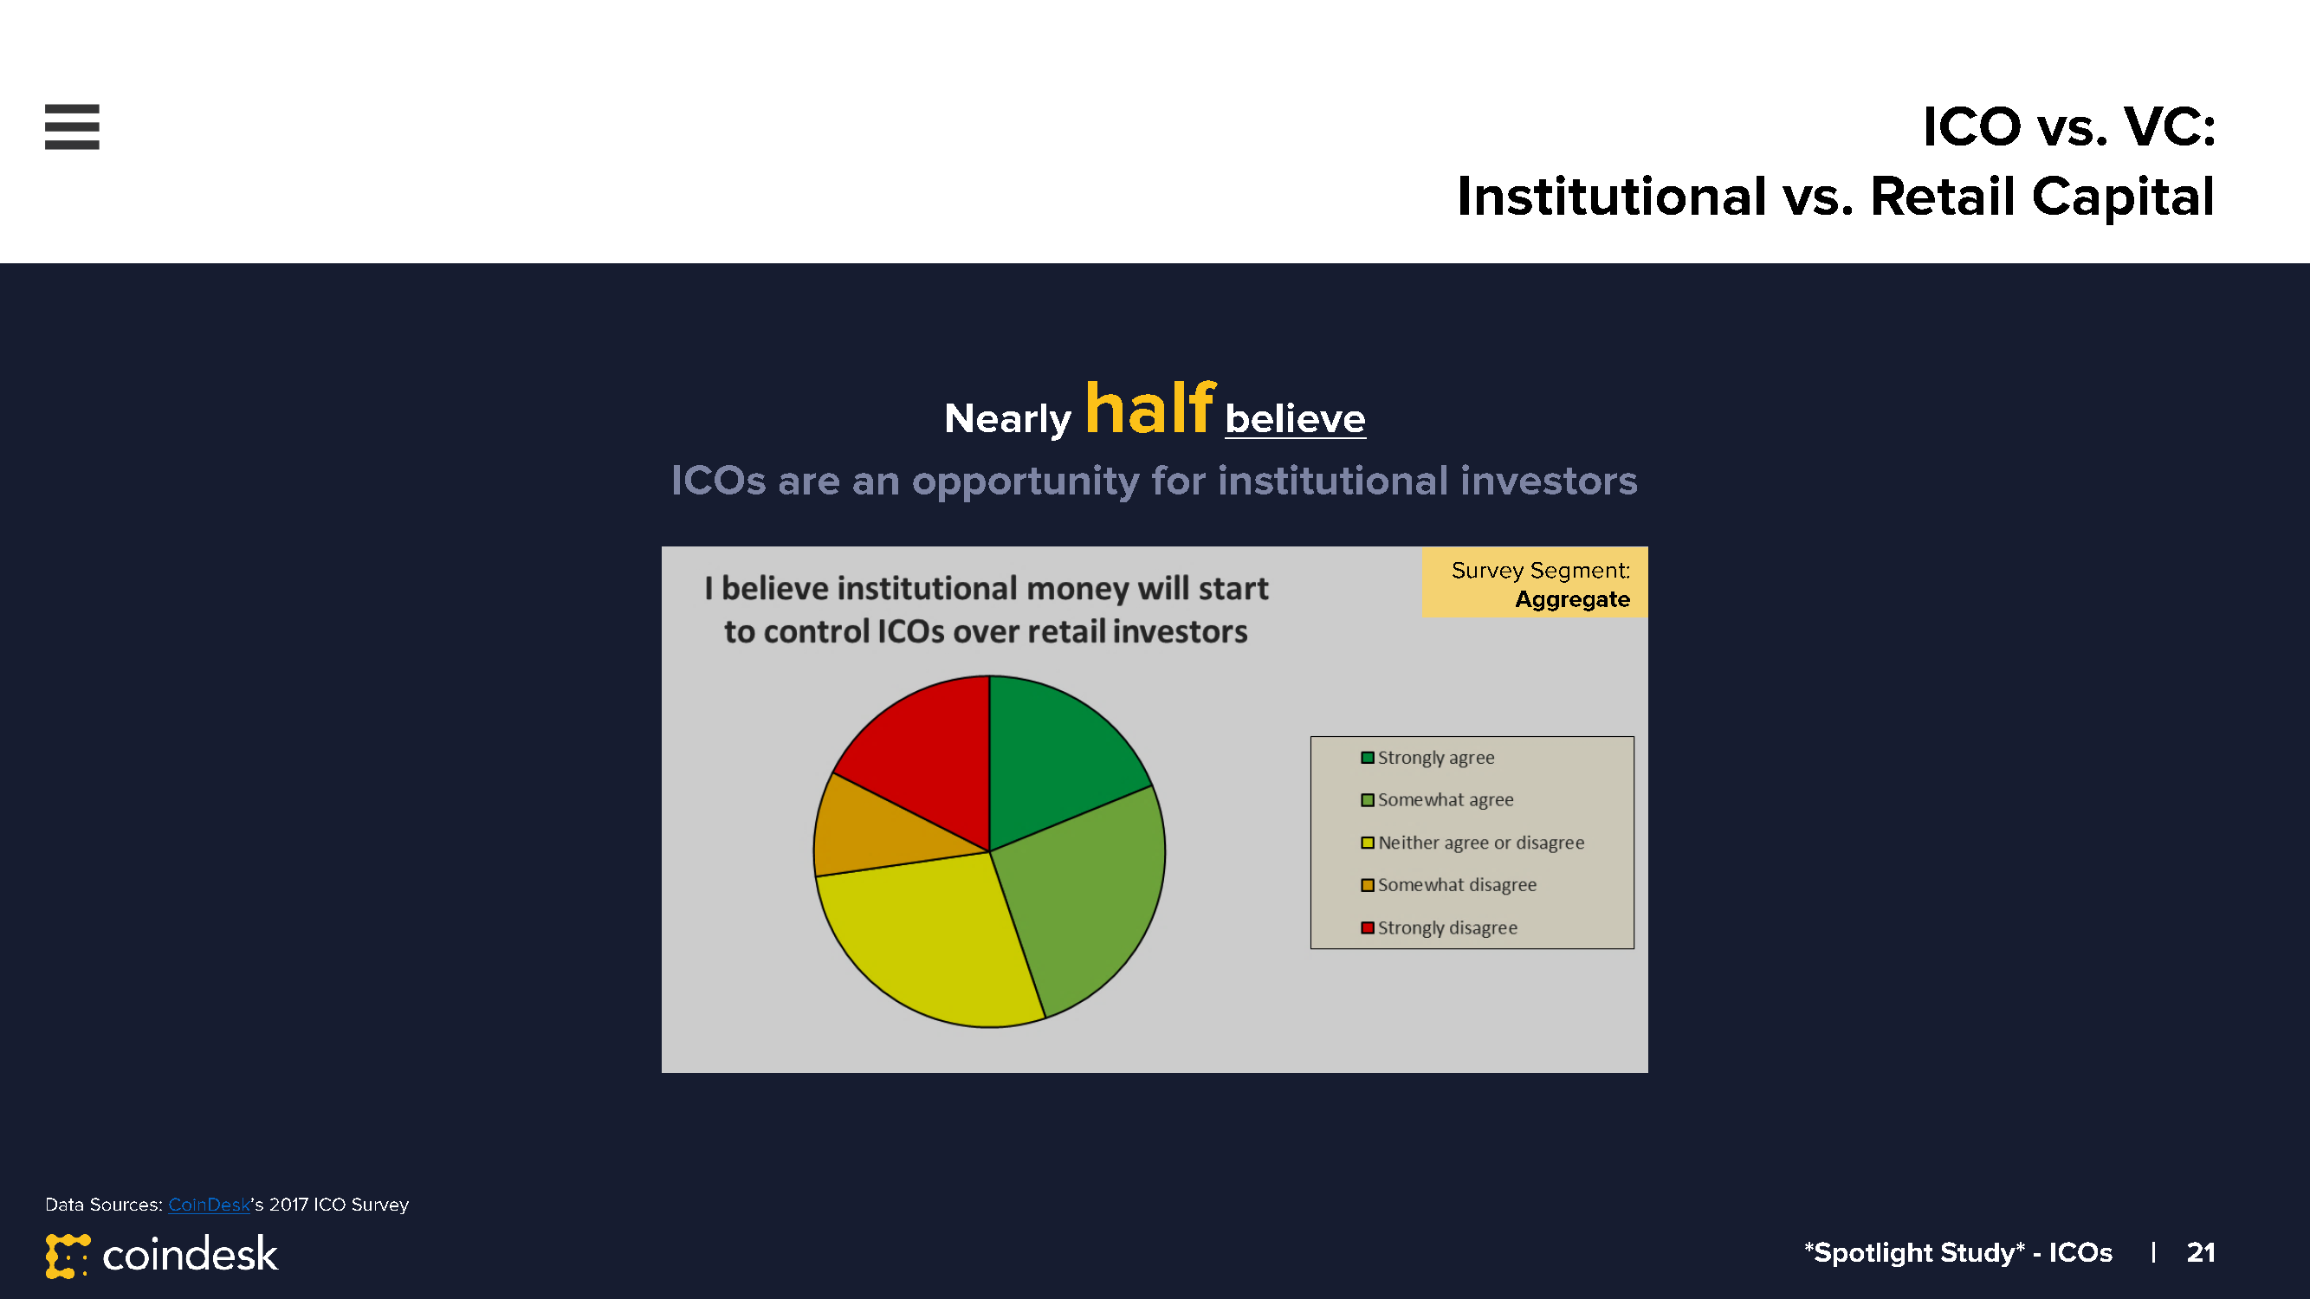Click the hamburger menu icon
72,126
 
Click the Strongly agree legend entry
1427,758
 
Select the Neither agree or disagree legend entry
1472,843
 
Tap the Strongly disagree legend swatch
1368,927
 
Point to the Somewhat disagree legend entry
1448,885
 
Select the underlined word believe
1295,418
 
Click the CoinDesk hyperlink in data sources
209,1204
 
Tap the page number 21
2201,1251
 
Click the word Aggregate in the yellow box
1572,599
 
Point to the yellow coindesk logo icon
68,1256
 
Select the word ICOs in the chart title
910,631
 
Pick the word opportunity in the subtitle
1025,481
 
